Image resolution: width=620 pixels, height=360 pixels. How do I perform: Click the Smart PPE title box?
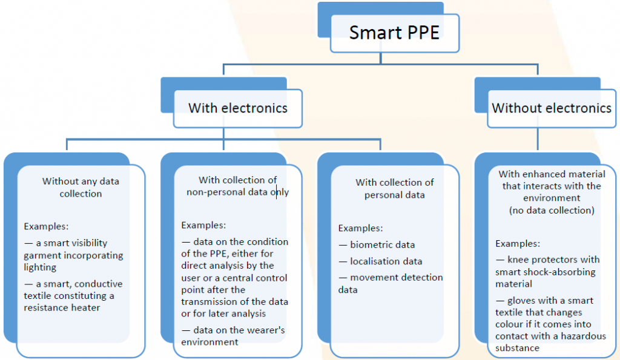(x=394, y=32)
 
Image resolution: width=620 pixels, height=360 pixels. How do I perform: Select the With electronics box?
(x=237, y=108)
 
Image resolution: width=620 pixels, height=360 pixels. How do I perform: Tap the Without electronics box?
(x=551, y=108)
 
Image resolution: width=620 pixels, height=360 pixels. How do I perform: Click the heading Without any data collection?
(x=81, y=187)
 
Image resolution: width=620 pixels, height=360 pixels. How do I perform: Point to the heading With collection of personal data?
(x=394, y=188)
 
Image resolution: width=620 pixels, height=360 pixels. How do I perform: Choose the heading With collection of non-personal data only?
(x=237, y=186)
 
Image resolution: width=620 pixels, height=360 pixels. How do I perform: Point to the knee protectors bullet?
(x=544, y=271)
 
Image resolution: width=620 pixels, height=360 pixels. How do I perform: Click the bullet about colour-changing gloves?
(x=547, y=324)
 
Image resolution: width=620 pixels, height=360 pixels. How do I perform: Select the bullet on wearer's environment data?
(x=233, y=336)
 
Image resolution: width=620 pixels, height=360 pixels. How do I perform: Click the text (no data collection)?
(x=550, y=210)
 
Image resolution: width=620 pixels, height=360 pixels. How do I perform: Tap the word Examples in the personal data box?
(x=360, y=228)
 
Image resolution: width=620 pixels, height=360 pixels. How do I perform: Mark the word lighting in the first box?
(x=40, y=267)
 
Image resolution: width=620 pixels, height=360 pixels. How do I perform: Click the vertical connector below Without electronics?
(x=537, y=139)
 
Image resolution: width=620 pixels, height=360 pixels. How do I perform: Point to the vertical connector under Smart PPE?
(x=380, y=57)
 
